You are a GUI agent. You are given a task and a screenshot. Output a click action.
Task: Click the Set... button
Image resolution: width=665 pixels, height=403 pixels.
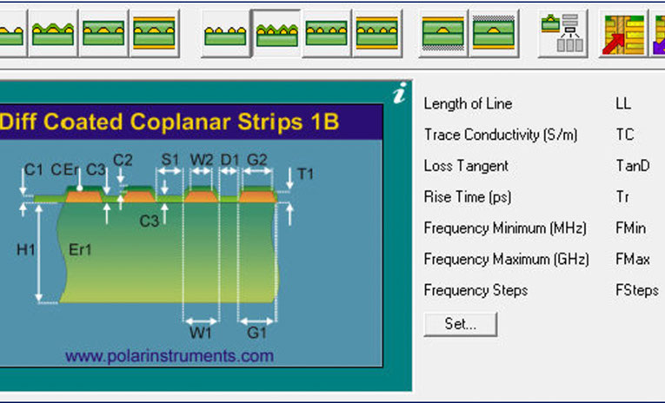pos(461,324)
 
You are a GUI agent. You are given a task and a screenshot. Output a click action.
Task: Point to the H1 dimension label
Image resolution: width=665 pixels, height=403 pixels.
pos(26,249)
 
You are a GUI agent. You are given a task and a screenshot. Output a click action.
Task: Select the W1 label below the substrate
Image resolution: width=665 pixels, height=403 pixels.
pos(201,332)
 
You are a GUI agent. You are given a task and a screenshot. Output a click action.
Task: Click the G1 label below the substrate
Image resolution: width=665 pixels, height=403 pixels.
pos(256,332)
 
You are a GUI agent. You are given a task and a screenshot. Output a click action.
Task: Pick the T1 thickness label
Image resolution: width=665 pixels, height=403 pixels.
pos(305,174)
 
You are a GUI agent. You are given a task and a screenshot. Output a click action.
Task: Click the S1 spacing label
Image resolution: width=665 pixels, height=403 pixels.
pos(170,159)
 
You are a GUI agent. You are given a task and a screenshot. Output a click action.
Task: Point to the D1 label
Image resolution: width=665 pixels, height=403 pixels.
pos(229,159)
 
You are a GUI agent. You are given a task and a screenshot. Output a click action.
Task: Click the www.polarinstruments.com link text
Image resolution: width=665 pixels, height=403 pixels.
pos(170,355)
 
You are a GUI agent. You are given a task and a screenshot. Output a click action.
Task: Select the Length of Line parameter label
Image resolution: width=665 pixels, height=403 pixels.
pos(468,103)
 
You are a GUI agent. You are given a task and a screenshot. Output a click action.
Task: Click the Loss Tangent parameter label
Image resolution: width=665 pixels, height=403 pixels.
pos(466,166)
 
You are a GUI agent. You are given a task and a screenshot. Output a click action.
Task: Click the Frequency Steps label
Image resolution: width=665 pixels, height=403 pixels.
pos(475,290)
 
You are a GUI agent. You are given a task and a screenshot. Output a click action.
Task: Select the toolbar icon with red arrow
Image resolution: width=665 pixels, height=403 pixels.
pos(620,35)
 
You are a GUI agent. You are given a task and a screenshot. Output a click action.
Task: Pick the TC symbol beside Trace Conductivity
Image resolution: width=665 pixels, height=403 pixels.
pos(624,135)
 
